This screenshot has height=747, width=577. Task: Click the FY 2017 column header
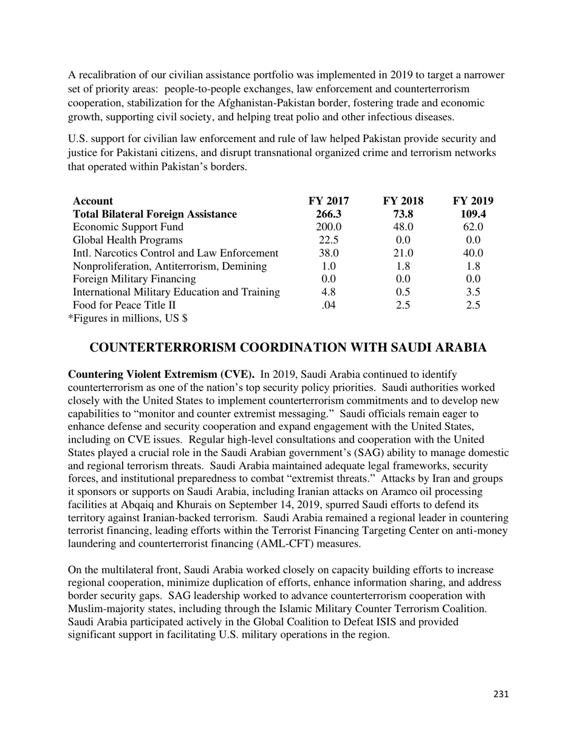click(329, 201)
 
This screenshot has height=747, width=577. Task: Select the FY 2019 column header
click(473, 201)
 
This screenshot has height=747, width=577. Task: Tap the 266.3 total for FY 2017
click(329, 214)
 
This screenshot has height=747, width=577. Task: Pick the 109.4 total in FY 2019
click(473, 214)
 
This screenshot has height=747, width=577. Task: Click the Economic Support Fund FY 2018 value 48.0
click(403, 227)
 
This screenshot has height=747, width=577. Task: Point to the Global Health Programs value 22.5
click(329, 240)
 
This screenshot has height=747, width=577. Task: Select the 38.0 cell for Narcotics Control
click(329, 253)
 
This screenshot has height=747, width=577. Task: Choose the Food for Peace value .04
click(329, 305)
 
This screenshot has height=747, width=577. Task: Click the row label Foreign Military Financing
click(134, 279)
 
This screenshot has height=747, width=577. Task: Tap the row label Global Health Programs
click(128, 240)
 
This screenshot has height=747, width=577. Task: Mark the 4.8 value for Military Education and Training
click(329, 292)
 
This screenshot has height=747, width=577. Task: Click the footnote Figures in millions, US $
click(128, 318)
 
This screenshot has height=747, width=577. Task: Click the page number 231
click(500, 695)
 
